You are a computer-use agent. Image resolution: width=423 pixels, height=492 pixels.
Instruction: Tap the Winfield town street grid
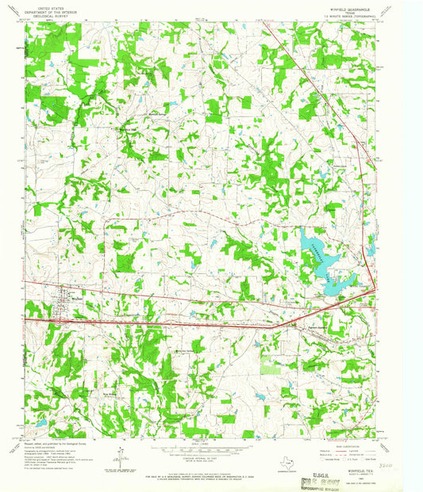60,305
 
